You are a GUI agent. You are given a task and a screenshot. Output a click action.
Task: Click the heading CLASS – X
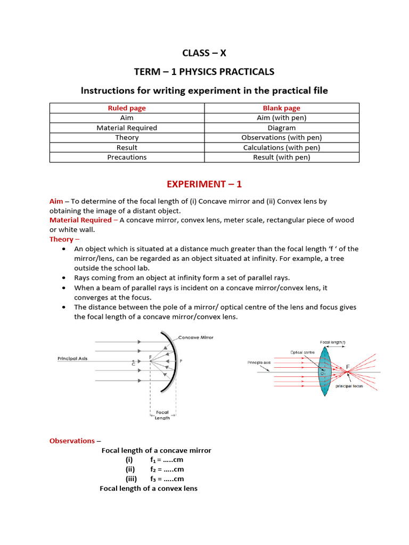(x=204, y=53)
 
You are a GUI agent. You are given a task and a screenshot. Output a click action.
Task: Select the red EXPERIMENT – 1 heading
(x=204, y=184)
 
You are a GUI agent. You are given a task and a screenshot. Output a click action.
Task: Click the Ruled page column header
(x=127, y=108)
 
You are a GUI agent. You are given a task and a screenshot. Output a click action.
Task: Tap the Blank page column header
(x=282, y=108)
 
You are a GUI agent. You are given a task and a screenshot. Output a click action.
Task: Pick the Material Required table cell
(x=127, y=128)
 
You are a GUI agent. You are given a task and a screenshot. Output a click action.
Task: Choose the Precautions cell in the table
(x=127, y=157)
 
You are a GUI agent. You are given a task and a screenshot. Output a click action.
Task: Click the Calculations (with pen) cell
(x=282, y=147)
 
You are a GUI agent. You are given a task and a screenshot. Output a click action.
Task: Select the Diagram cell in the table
(x=282, y=128)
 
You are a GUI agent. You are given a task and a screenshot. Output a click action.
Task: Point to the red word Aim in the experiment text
(x=56, y=201)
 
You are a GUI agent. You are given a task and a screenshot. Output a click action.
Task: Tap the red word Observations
(x=72, y=441)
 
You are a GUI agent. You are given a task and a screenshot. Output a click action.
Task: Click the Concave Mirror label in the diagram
(x=195, y=337)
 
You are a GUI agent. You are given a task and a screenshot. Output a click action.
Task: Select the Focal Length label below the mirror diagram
(x=162, y=415)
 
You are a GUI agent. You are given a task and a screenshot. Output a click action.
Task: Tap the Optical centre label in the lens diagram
(x=302, y=352)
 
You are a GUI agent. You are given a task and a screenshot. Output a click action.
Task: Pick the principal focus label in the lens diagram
(x=349, y=386)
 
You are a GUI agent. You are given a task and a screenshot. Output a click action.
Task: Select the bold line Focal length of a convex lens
(x=149, y=488)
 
